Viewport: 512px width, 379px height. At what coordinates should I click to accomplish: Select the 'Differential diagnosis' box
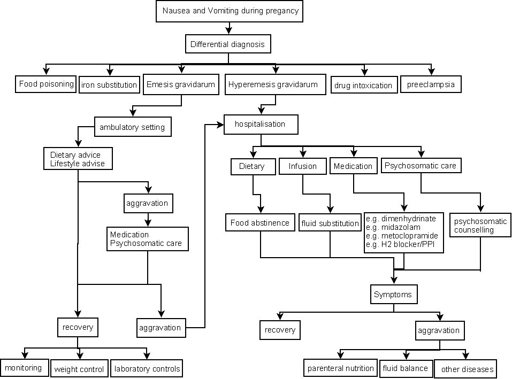tap(227, 44)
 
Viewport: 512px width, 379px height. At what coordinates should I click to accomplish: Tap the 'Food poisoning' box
tap(46, 84)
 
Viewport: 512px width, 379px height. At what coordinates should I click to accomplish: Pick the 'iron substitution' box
tap(109, 84)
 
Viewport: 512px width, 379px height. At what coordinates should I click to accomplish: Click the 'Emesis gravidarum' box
tap(181, 84)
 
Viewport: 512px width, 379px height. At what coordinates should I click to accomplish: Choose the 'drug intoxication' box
tap(363, 85)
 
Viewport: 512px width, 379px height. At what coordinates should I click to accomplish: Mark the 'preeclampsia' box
tap(430, 84)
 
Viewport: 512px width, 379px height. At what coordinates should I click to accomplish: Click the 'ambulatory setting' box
tap(132, 128)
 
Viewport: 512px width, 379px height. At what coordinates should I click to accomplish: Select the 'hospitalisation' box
tap(260, 124)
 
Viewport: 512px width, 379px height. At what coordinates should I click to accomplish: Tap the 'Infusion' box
tap(302, 166)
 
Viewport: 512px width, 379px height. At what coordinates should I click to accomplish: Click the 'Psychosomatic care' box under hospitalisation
tap(420, 166)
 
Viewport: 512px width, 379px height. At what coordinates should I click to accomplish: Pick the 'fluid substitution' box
tap(330, 223)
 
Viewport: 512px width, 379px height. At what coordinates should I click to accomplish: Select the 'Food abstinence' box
tap(260, 222)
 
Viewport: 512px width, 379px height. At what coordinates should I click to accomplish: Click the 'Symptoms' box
tap(393, 294)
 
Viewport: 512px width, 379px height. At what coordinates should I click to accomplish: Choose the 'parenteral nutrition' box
tap(340, 368)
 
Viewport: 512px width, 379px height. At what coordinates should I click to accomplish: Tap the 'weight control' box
tap(79, 369)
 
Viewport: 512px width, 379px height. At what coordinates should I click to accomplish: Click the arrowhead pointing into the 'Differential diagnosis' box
tap(229, 30)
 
